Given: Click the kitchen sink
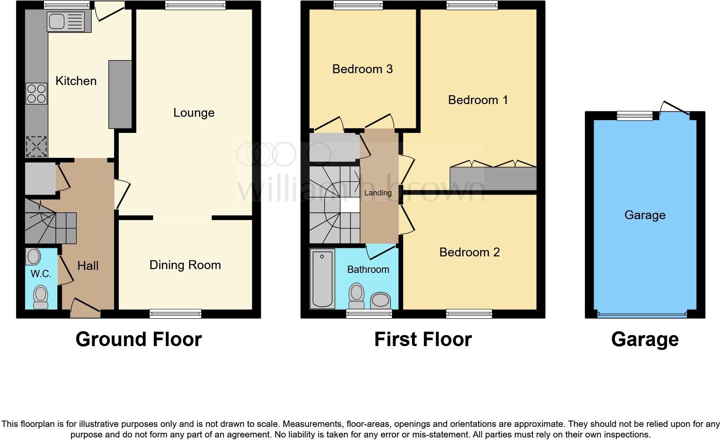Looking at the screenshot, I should (66, 22).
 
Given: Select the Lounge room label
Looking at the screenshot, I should (194, 113).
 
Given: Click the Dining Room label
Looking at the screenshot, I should (185, 265).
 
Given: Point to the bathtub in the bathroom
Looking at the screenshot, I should (322, 278).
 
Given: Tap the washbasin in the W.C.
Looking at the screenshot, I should (33, 256).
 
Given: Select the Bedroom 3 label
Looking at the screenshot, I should (363, 69).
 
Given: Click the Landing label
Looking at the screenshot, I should (378, 193).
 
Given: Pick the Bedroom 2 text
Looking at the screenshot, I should (469, 252).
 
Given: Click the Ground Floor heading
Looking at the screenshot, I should (139, 339).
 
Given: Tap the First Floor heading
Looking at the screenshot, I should (423, 339).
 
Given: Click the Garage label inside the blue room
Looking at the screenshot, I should (645, 215).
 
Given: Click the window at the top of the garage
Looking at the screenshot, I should (635, 115).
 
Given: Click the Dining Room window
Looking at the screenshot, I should (175, 313).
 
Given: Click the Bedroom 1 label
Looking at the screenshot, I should (478, 100).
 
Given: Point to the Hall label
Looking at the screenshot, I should (88, 266).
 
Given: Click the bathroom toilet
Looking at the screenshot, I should (357, 296).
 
